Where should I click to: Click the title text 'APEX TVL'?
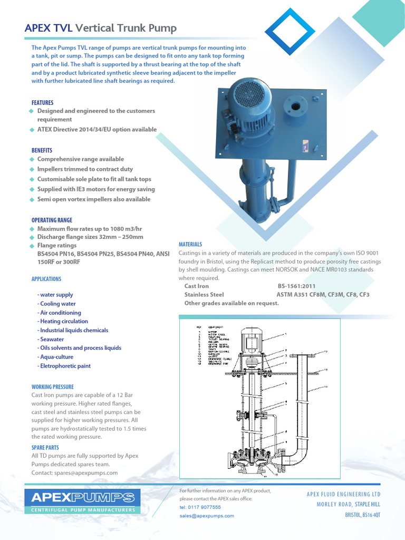pyautogui.click(x=49, y=28)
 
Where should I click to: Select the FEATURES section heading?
pyautogui.click(x=42, y=102)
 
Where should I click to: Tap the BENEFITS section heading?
pyautogui.click(x=42, y=150)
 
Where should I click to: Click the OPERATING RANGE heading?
pyautogui.click(x=52, y=220)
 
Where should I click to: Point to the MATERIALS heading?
pyautogui.click(x=190, y=245)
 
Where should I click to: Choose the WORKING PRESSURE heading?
pyautogui.click(x=53, y=387)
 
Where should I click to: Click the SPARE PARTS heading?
pyautogui.click(x=45, y=447)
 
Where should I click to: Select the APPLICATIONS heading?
pyautogui.click(x=46, y=279)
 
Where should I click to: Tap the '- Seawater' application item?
pyautogui.click(x=51, y=339)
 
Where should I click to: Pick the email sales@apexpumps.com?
pyautogui.click(x=207, y=516)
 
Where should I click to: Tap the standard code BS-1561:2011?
pyautogui.click(x=297, y=286)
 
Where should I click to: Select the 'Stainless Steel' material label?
pyautogui.click(x=204, y=295)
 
